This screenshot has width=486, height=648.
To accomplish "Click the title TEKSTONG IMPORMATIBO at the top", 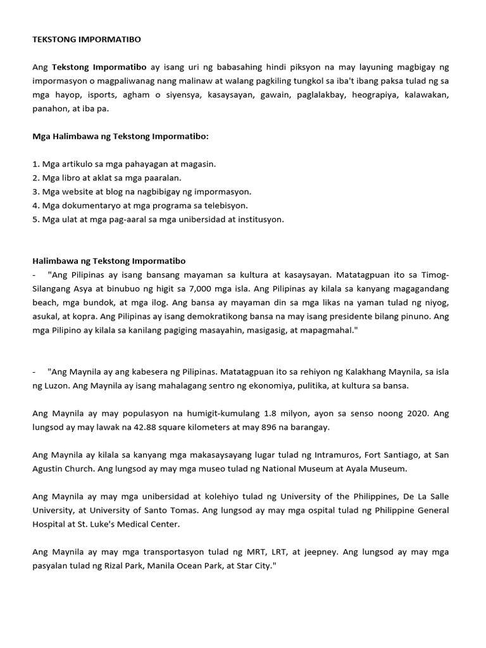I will pos(87,39).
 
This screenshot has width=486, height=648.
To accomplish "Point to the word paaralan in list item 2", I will pos(162,178).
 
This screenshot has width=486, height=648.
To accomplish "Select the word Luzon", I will pos(56,386).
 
